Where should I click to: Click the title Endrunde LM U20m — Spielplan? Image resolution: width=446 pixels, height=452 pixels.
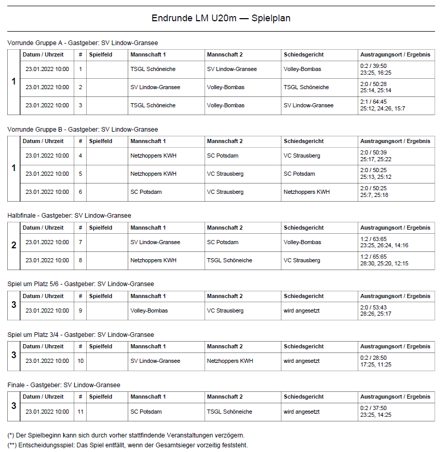pyautogui.click(x=221, y=18)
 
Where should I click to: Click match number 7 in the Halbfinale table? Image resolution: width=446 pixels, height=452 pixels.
pyautogui.click(x=80, y=242)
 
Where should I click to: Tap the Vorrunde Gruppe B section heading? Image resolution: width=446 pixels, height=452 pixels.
pyautogui.click(x=83, y=129)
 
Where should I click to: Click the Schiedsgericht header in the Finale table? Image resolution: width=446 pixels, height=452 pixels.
pyautogui.click(x=304, y=397)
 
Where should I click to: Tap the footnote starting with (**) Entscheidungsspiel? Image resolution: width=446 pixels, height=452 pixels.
pyautogui.click(x=128, y=445)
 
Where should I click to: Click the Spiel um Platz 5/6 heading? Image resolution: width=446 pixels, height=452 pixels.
pyautogui.click(x=80, y=284)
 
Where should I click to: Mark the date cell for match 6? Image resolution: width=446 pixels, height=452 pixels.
pyautogui.click(x=47, y=192)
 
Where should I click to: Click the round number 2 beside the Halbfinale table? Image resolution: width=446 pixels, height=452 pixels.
pyautogui.click(x=13, y=245)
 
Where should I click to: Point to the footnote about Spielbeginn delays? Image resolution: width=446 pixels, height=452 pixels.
pyautogui.click(x=126, y=435)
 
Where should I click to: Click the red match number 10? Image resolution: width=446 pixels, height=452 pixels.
pyautogui.click(x=80, y=361)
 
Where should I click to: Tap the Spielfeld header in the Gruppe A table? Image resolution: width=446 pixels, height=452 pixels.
pyautogui.click(x=100, y=54)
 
